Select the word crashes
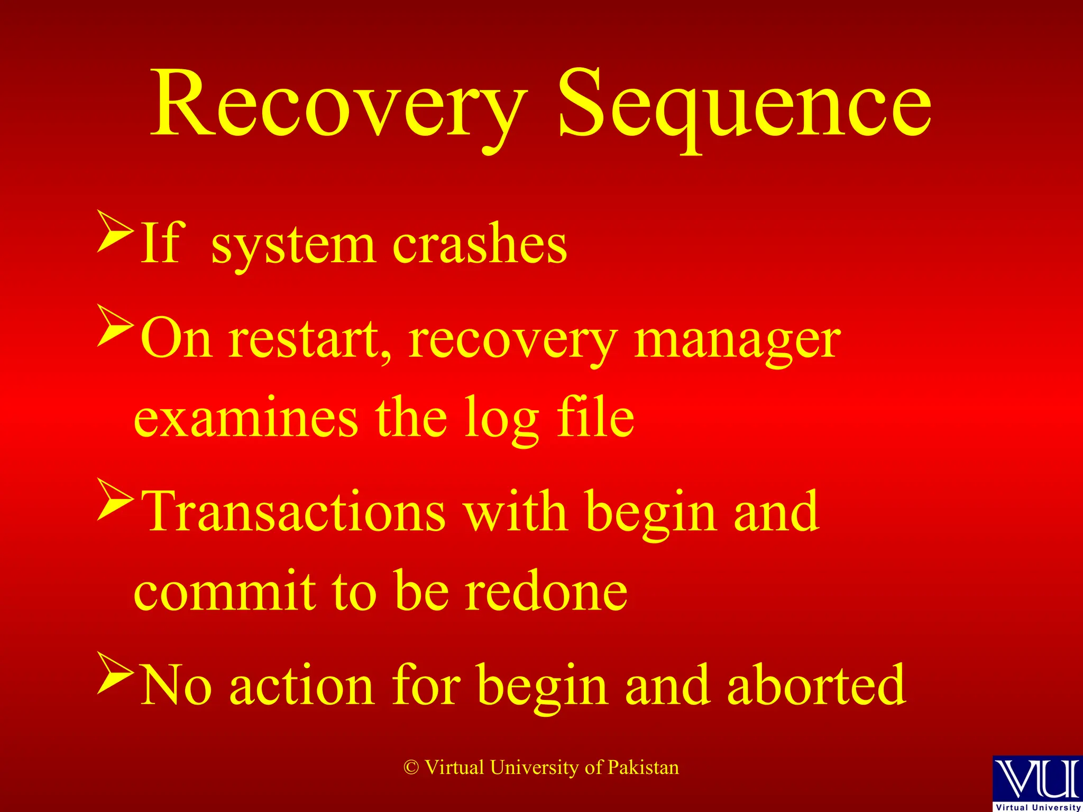(x=479, y=244)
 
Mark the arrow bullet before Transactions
(x=115, y=500)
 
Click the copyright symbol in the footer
(x=411, y=768)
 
